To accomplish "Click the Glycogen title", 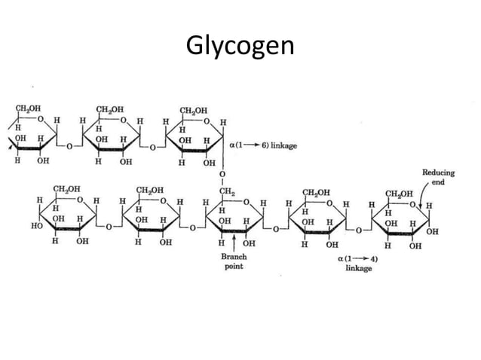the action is click(240, 46).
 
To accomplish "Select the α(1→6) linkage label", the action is click(263, 145).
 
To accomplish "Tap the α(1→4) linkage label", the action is click(358, 264).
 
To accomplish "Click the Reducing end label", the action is click(438, 177).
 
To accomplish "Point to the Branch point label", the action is click(234, 261).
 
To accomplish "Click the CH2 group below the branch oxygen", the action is click(227, 192).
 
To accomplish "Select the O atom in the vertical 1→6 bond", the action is click(222, 174).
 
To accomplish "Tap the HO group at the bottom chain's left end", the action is click(36, 226).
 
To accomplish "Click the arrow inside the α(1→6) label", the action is click(252, 145).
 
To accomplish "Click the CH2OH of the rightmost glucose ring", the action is click(399, 194).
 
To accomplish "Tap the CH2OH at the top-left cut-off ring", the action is click(28, 108).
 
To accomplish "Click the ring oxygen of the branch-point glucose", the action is click(246, 202).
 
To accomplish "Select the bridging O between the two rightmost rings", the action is click(359, 230).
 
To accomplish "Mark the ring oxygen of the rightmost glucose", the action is click(412, 204).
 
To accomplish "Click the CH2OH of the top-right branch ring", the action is click(193, 111).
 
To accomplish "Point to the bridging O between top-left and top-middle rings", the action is click(69, 146).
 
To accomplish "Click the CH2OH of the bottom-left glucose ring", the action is click(66, 189).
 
